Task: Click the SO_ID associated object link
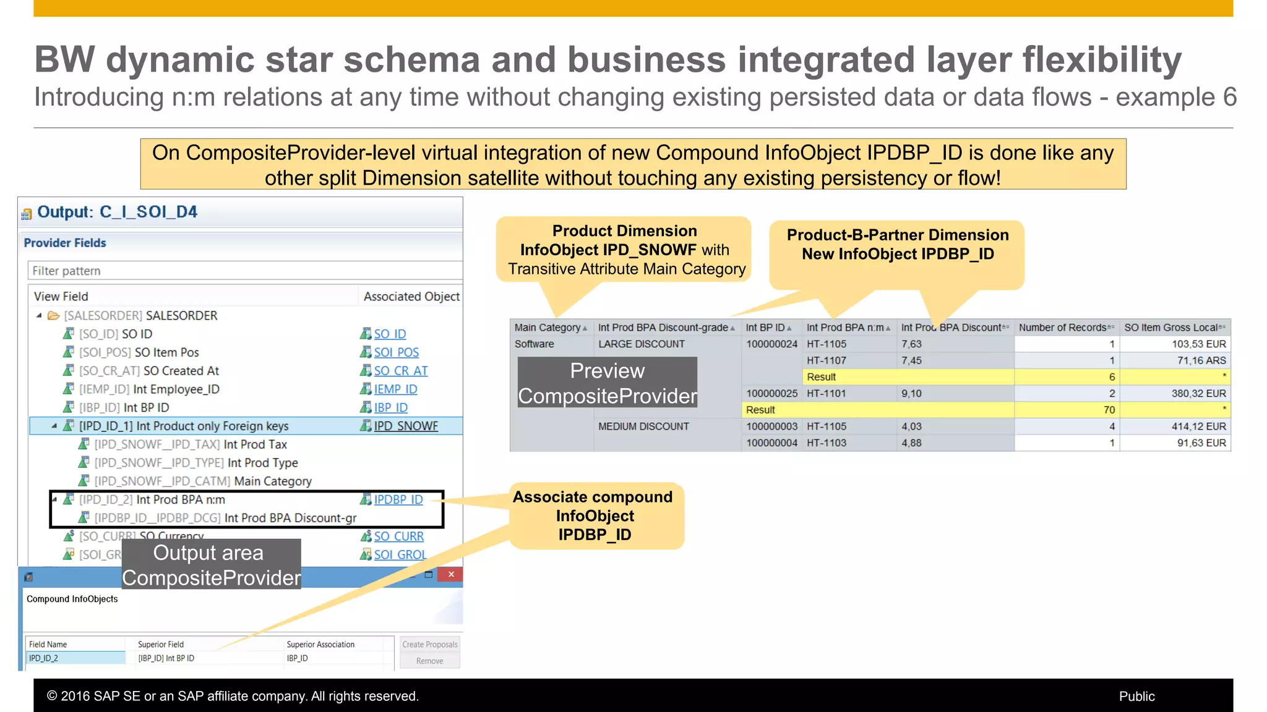pos(390,334)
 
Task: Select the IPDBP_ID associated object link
pos(398,499)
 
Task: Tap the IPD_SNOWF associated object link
pos(405,426)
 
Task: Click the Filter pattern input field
pos(244,271)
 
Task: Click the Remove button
pos(429,661)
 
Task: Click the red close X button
pos(451,574)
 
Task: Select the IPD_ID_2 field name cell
pos(74,658)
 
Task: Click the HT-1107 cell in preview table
pos(827,360)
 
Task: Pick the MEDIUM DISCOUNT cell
pos(643,426)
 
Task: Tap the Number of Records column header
pos(1062,328)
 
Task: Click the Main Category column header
pos(548,328)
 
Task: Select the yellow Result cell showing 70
pos(1109,410)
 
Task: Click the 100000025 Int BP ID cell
pos(771,394)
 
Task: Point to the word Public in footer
pos(1136,696)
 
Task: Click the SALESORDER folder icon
pos(54,316)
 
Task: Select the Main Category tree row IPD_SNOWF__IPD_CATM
pos(203,481)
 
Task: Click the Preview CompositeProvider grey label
pos(607,383)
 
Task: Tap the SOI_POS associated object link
pos(396,352)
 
